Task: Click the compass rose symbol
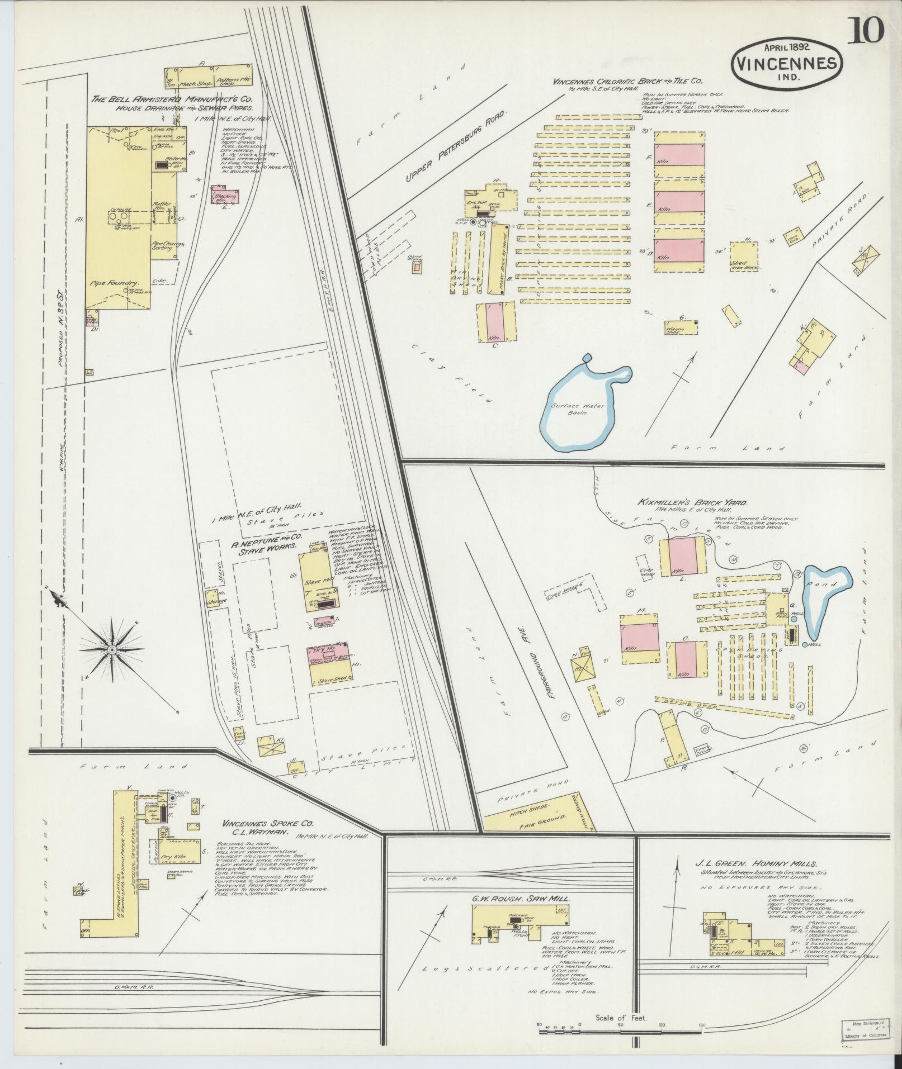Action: tap(112, 650)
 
